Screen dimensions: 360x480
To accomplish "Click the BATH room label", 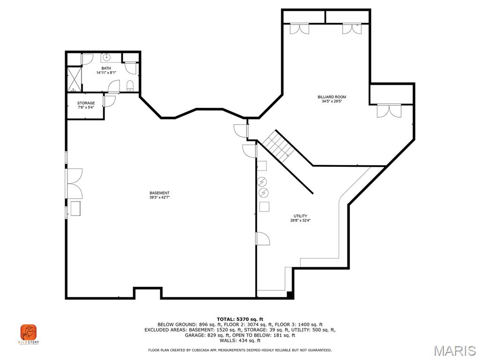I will coord(106,68).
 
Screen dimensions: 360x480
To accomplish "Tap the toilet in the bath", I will coord(130,85).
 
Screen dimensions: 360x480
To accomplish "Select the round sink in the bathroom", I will coord(106,58).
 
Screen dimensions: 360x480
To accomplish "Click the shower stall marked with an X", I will coord(74,79).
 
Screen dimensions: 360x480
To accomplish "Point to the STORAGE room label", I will coord(86,103).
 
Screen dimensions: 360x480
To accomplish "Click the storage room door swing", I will coord(109,101).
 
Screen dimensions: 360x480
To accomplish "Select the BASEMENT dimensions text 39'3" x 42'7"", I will coord(159,197).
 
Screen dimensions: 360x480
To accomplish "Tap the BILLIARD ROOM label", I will coord(331,97).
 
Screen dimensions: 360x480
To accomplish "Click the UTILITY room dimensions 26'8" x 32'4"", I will coord(300,220).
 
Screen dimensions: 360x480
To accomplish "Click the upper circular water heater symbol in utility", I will coord(263,181).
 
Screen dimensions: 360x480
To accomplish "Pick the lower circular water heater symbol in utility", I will coord(263,192).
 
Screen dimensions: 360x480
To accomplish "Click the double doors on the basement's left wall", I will coord(74,183).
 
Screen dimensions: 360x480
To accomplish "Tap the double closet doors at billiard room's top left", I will coord(299,29).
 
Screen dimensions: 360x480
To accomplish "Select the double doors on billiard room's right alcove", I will coord(389,111).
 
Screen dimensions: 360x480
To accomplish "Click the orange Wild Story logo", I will coord(28,333).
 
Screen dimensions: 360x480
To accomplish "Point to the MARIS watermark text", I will coord(454,350).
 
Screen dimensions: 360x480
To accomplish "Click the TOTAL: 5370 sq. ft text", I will coord(240,319).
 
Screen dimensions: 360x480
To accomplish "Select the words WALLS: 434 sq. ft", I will coord(240,341).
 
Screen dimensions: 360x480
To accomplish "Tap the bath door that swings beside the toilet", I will coord(114,87).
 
